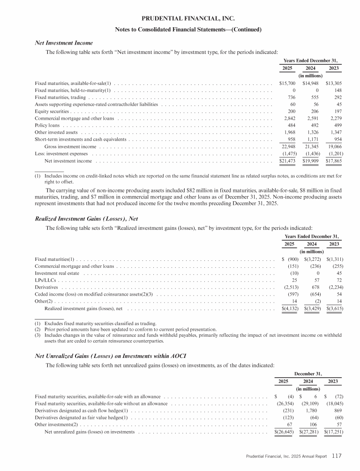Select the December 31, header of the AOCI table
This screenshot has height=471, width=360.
coord(307,373)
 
